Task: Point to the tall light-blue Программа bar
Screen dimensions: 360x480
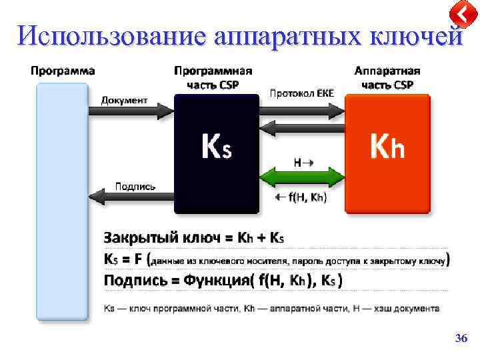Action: pos(62,200)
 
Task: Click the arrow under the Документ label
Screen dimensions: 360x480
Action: pos(131,111)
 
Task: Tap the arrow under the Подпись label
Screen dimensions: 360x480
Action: pos(131,196)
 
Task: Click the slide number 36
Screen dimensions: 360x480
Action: pos(461,339)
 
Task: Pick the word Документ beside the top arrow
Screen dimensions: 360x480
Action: pos(124,100)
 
